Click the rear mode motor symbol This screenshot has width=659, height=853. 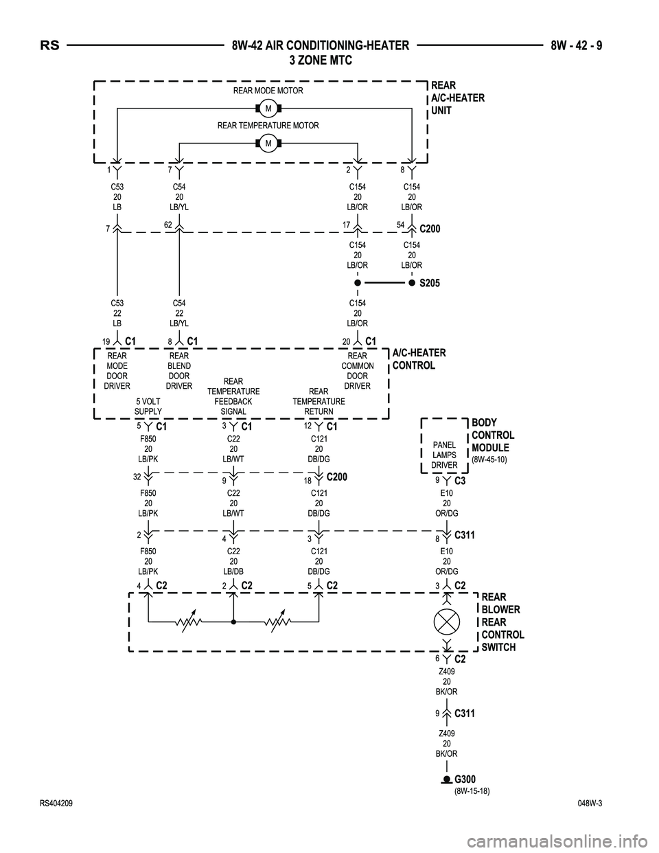[268, 109]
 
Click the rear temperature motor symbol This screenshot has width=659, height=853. [268, 143]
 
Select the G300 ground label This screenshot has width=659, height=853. [465, 779]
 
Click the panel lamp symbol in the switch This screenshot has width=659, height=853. [446, 622]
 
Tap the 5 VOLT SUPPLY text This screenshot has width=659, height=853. [148, 407]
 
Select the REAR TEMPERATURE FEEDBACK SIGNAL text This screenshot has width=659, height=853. [233, 396]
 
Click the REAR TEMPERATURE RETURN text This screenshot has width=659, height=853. [319, 401]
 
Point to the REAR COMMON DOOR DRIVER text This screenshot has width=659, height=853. [358, 371]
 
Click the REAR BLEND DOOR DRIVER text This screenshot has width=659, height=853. [179, 371]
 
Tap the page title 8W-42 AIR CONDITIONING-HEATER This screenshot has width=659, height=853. [320, 46]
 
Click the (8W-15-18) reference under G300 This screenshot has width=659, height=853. [472, 791]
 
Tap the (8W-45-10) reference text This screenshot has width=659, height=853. [489, 459]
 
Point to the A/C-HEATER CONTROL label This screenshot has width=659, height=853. [418, 359]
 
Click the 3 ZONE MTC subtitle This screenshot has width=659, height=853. [320, 60]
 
